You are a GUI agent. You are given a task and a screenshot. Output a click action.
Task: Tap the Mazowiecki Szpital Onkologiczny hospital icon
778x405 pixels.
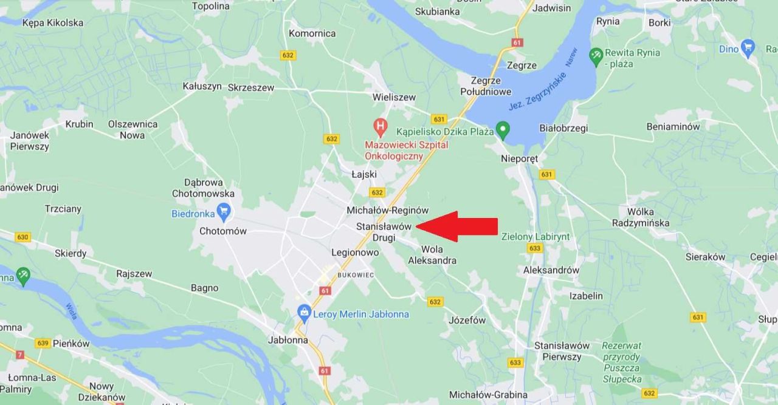coord(380,128)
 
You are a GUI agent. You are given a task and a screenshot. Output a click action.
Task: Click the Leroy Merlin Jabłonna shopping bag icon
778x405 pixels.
coord(304,313)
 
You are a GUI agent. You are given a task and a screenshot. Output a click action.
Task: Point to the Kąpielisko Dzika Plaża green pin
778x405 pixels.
coord(502,129)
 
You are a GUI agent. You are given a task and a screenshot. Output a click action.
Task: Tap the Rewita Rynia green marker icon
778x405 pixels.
coord(596,56)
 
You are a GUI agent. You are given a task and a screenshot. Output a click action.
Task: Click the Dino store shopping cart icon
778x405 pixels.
coord(748,47)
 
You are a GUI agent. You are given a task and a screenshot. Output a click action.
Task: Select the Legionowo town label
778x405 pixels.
coord(355,253)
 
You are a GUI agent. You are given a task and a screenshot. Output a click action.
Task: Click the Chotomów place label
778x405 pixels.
coord(223,231)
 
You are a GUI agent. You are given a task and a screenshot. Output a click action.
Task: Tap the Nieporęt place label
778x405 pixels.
coord(519,158)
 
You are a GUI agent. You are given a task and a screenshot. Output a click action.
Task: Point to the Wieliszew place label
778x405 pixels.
coord(394,97)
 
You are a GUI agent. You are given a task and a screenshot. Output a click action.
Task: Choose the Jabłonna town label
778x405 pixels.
coord(287,340)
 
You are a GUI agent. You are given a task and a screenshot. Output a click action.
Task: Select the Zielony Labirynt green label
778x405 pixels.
coord(535,237)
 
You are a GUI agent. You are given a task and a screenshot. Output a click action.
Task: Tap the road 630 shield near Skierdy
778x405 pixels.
coord(22,237)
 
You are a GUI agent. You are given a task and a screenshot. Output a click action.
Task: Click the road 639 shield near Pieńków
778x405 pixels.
coord(42,343)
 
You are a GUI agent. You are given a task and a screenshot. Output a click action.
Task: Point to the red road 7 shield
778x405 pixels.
coord(21,355)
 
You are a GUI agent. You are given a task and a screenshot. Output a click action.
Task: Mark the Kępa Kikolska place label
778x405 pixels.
coord(53,23)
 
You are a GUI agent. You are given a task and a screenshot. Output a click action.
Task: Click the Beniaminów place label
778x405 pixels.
coord(673,127)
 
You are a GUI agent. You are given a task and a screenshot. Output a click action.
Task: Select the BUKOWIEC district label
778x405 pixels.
coord(356,275)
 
